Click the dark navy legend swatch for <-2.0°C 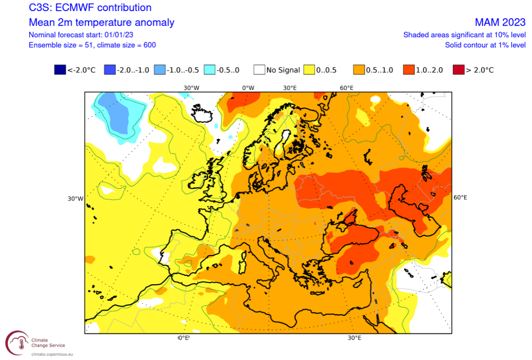coord(60,70)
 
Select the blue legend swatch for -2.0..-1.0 coord(110,70)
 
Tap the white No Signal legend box coord(259,70)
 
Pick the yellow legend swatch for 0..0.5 coord(309,70)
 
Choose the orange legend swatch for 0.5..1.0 coord(359,70)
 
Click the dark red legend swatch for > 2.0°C coord(459,70)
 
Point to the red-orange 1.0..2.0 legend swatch coord(409,70)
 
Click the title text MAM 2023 coord(500,23)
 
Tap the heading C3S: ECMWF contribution coord(90,8)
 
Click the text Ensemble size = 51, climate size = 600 coord(92,45)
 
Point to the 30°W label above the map coord(191,88)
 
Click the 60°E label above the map coord(346,88)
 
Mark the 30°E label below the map coord(354,338)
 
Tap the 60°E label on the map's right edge coord(461,197)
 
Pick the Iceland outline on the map coord(203,113)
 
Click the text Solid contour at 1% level coord(485,45)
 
